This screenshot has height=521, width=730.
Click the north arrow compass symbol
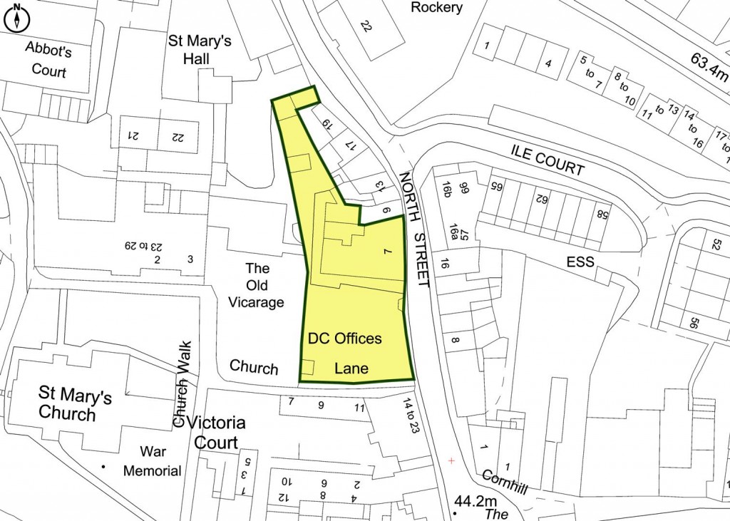16,19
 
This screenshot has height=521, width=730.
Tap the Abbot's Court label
48,60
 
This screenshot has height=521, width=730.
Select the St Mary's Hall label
200,49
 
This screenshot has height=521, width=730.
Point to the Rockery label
436,8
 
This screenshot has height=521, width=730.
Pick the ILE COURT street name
547,159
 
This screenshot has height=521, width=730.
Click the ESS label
580,262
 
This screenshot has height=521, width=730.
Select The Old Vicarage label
257,285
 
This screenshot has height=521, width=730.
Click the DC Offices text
344,339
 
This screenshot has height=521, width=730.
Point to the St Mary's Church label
74,404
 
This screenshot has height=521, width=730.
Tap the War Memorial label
152,460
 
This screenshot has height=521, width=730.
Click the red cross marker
451,461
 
